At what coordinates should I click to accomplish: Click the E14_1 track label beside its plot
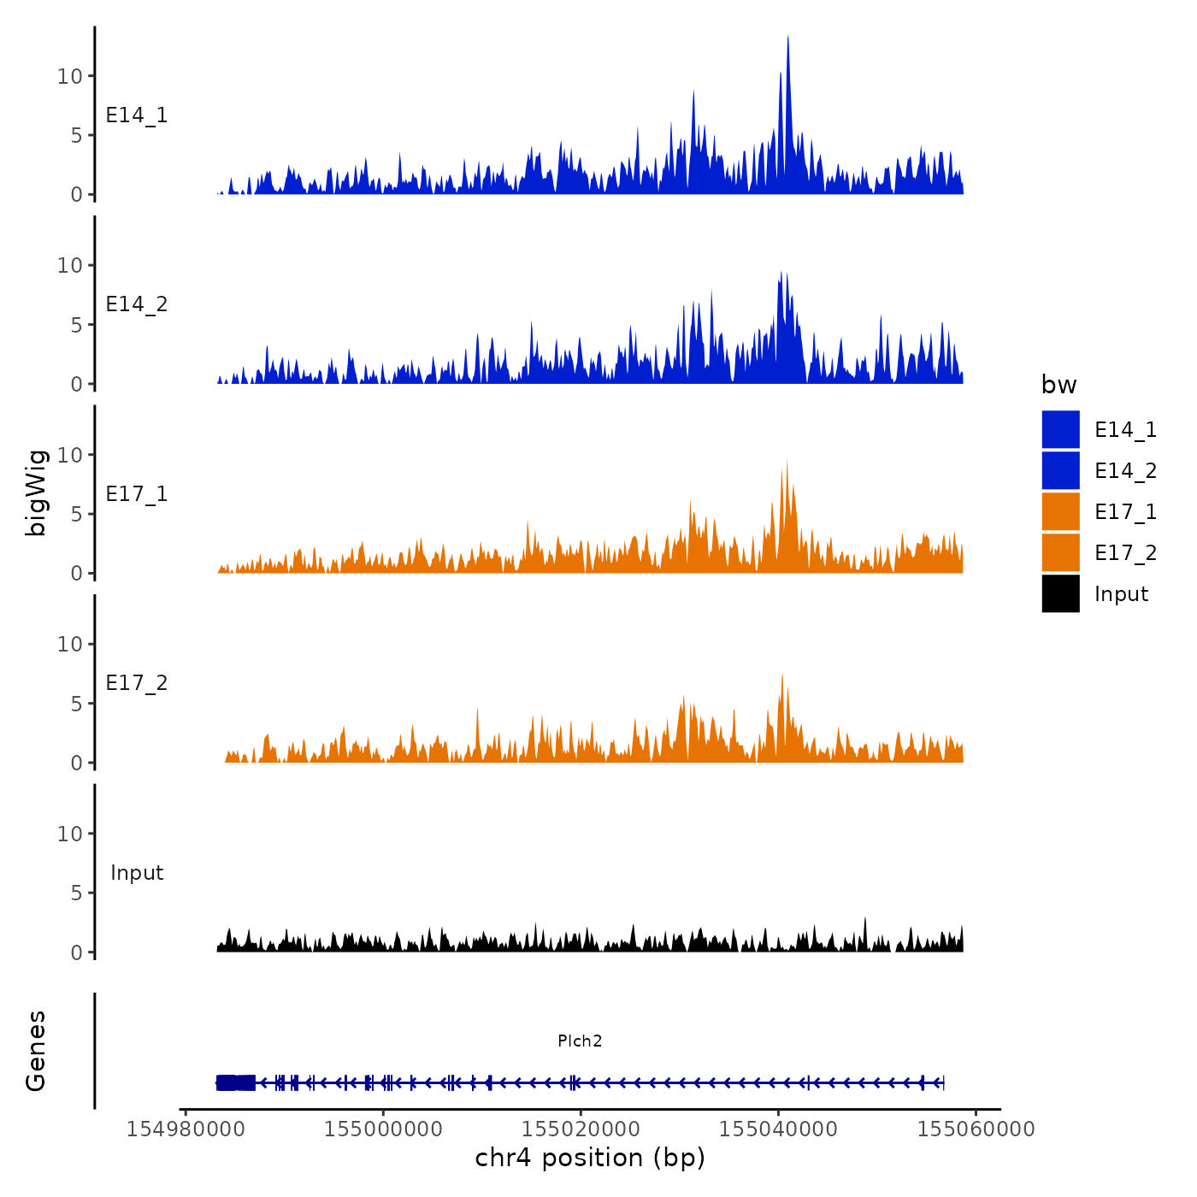click(x=137, y=115)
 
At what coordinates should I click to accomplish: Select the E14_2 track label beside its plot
click(x=137, y=304)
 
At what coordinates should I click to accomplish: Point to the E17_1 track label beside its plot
click(x=137, y=494)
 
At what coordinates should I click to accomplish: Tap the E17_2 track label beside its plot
click(x=137, y=683)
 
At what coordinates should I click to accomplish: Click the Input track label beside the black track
click(x=137, y=873)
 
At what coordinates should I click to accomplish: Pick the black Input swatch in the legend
click(x=1060, y=593)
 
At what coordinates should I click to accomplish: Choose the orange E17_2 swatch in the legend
click(x=1060, y=552)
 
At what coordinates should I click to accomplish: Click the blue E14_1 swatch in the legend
click(x=1060, y=429)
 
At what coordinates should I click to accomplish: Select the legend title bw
click(x=1058, y=386)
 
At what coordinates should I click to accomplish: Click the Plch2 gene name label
click(x=580, y=1041)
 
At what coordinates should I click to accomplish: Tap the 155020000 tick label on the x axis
click(x=581, y=1129)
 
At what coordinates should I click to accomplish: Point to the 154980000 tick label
click(x=186, y=1129)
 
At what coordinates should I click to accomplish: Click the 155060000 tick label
click(x=976, y=1129)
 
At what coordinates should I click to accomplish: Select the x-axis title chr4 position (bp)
click(x=590, y=1159)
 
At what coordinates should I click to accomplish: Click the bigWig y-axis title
click(x=36, y=492)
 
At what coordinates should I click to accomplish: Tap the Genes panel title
click(x=36, y=1051)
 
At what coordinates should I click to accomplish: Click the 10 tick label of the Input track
click(x=70, y=834)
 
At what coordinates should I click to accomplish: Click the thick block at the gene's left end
click(x=235, y=1082)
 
